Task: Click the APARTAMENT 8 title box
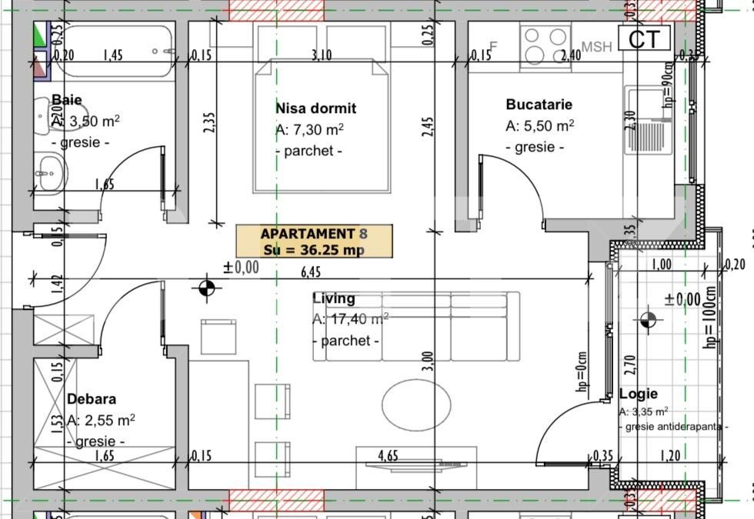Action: pyautogui.click(x=314, y=241)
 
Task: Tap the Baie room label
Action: pyautogui.click(x=67, y=99)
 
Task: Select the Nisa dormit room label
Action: pyautogui.click(x=315, y=108)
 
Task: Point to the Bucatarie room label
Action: pyautogui.click(x=539, y=105)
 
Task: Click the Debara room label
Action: pyautogui.click(x=92, y=399)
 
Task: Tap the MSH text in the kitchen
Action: pyautogui.click(x=596, y=47)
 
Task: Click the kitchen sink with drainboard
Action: pyautogui.click(x=646, y=121)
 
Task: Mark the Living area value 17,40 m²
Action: pyautogui.click(x=350, y=319)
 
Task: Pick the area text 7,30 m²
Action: pyautogui.click(x=309, y=130)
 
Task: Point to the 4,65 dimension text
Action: pyautogui.click(x=388, y=456)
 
